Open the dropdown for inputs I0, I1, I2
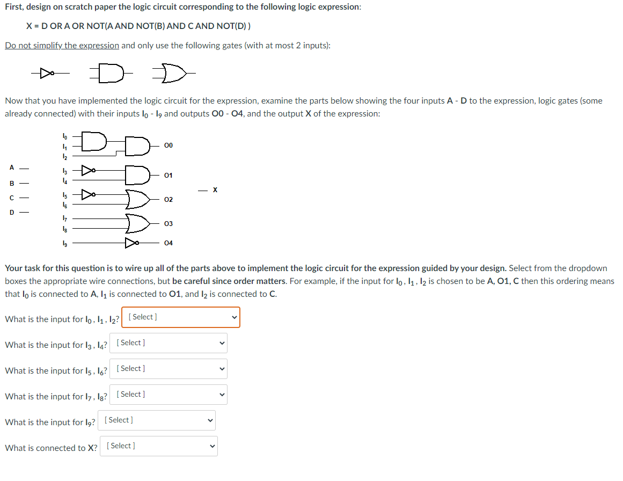point(181,317)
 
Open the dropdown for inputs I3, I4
point(168,343)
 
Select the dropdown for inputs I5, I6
point(168,369)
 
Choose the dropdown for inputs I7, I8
point(168,395)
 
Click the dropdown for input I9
point(156,420)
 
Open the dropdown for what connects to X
point(158,446)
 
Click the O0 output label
point(168,145)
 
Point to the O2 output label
point(168,200)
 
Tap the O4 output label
point(168,243)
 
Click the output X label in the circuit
point(215,190)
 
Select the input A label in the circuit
point(11,167)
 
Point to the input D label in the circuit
point(11,212)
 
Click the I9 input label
point(65,243)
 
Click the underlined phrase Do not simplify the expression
point(62,46)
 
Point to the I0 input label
point(65,136)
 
